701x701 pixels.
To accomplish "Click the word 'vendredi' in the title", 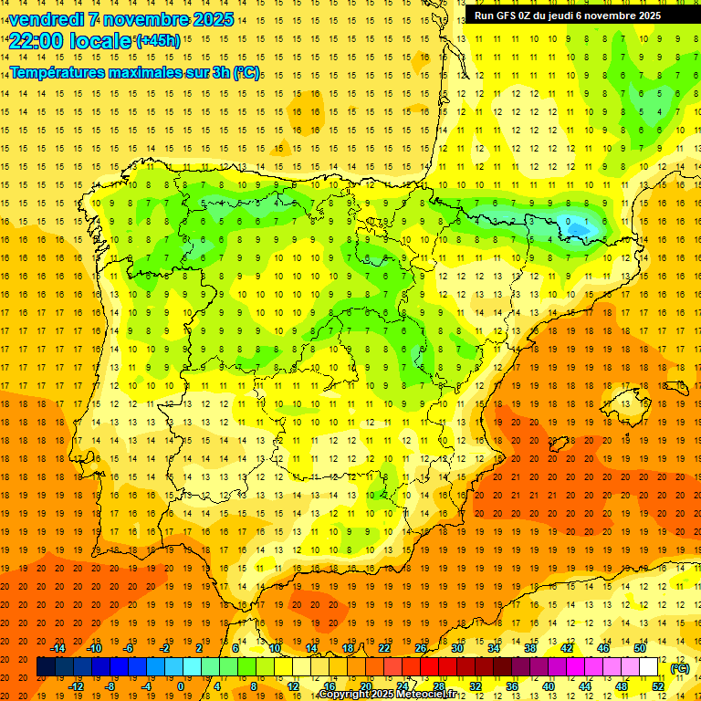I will tap(47, 19).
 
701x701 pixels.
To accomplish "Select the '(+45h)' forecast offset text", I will tap(158, 40).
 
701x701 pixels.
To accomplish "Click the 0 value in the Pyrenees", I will tap(568, 221).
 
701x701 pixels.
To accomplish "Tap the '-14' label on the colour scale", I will tap(59, 648).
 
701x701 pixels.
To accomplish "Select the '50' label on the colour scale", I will tap(639, 648).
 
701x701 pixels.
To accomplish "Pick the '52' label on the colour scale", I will tap(658, 686).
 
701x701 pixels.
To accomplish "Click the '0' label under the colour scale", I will tap(181, 686).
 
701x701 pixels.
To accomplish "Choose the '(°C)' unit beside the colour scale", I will tap(680, 668).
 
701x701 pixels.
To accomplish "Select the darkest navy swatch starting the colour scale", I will tap(46, 667).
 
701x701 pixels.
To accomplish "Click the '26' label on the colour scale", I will tap(421, 648).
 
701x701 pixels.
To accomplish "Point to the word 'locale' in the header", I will tap(97, 40).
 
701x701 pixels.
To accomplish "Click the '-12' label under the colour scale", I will tap(76, 686).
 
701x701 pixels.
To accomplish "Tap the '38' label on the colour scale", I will tap(530, 648).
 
